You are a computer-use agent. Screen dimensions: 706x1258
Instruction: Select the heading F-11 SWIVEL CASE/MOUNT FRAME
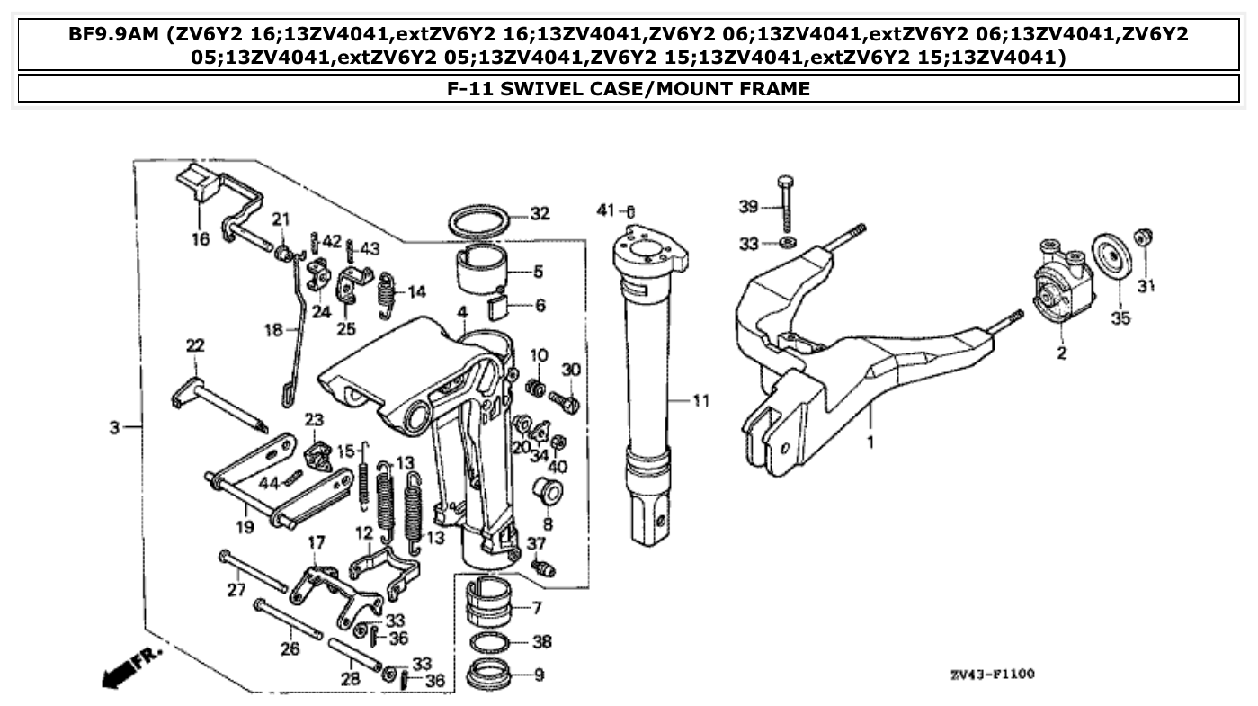tap(629, 89)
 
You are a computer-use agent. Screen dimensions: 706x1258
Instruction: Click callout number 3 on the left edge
tap(114, 428)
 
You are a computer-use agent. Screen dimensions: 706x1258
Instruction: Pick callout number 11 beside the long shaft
tap(700, 401)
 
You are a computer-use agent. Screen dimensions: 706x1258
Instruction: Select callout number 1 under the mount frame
tap(870, 442)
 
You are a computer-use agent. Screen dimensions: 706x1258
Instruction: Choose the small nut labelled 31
tap(1145, 238)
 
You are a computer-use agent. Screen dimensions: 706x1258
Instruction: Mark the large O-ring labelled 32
tap(477, 219)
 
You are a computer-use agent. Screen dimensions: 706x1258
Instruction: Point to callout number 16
tap(200, 238)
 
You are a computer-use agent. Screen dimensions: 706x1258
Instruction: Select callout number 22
tap(195, 344)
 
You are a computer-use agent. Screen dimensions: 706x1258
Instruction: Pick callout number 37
tap(536, 543)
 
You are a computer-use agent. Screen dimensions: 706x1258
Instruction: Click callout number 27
tap(236, 590)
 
